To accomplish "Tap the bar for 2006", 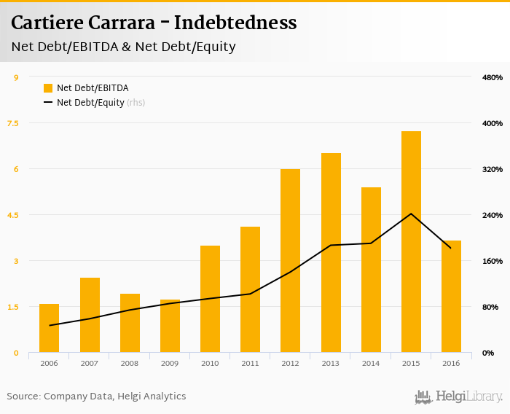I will coord(50,328).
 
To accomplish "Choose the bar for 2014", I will coord(371,270).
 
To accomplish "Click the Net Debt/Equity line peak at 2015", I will coord(411,214).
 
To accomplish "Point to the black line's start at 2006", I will coord(50,325).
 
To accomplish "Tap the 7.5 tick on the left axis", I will coord(13,123).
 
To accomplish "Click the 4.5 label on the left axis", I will coord(13,215).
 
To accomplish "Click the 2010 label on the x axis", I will coord(210,363).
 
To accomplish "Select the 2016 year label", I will coord(451,363).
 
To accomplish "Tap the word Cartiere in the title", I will coord(46,23).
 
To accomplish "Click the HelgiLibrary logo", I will coord(458,397).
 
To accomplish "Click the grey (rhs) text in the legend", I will coord(136,103).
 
